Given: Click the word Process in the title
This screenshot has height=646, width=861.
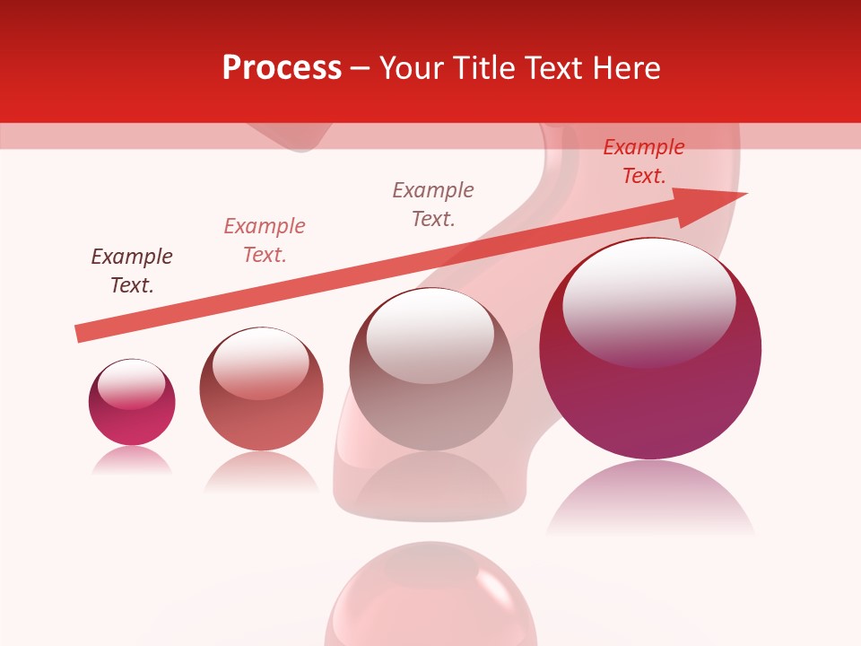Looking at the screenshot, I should click(x=282, y=68).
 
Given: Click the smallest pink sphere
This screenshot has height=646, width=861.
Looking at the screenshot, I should click(x=132, y=403).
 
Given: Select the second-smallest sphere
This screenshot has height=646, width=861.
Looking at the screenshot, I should click(x=261, y=389).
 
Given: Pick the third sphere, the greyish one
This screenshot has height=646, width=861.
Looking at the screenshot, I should click(x=431, y=370).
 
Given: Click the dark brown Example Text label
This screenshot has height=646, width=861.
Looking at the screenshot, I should click(x=132, y=271).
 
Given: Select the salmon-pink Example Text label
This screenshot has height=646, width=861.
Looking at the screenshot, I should click(x=265, y=240).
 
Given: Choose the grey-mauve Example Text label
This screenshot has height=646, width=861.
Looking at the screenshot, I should click(x=433, y=205).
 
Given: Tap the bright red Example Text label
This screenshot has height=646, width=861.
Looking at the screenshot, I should click(x=644, y=161).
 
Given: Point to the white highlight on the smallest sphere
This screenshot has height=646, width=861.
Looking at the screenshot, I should click(x=131, y=384).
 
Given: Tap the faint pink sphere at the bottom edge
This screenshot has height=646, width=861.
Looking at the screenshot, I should click(x=430, y=597).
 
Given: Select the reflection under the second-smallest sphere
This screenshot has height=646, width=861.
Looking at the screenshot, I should click(x=261, y=470).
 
